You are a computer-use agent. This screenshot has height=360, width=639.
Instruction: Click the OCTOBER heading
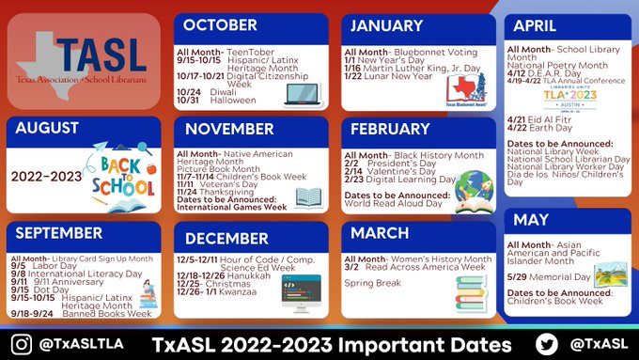pos(220,25)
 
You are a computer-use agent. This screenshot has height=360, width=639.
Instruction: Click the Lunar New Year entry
pos(387,76)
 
